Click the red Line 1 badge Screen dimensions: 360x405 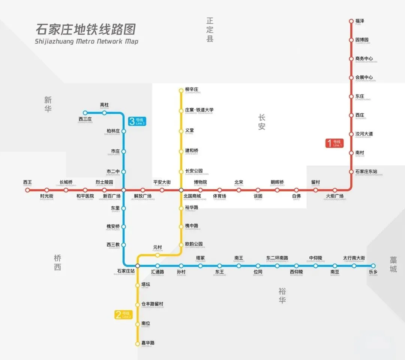coord(334,143)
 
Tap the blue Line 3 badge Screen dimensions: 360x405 coord(136,121)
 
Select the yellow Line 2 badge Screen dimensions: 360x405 coord(124,315)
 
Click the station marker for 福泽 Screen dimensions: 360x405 coord(351,21)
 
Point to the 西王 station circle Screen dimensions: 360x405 coord(27,190)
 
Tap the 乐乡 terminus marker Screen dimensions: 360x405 coord(373,266)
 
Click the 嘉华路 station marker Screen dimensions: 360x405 coord(138,343)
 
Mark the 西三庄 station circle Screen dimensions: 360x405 coord(85,113)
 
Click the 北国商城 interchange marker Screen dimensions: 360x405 coord(181,190)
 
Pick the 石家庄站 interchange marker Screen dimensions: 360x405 coord(138,266)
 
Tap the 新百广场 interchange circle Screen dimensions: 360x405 coord(123,190)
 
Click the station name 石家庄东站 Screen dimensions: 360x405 coord(366,172)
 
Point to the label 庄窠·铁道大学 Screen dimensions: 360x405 coord(199,110)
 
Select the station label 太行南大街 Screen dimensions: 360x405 coord(354,258)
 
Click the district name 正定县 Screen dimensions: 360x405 coord(210,29)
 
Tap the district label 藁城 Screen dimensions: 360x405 coord(393,264)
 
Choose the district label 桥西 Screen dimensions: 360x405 coord(57,262)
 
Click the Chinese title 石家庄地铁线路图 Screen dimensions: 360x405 coord(85,29)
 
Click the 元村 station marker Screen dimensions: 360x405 coord(157,255)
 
